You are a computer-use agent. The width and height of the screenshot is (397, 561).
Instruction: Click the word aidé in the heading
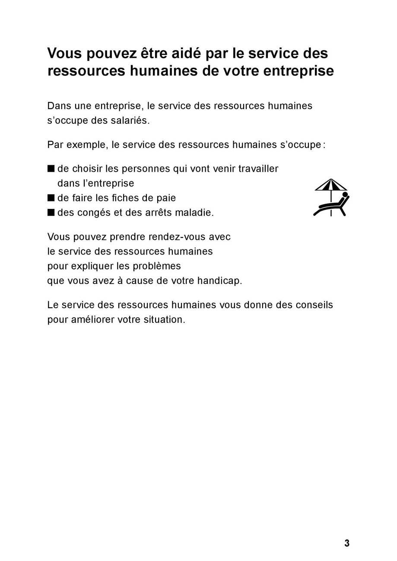click(x=180, y=54)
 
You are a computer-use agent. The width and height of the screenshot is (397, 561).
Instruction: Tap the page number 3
click(x=346, y=543)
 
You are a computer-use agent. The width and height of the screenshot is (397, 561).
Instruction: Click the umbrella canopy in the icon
click(x=331, y=185)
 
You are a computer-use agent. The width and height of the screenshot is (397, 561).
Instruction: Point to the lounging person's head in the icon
click(x=345, y=195)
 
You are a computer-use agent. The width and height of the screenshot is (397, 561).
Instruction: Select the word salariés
click(x=129, y=120)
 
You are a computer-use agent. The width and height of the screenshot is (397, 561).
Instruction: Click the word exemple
click(x=86, y=145)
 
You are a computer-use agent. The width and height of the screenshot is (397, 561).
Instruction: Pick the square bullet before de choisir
click(x=51, y=169)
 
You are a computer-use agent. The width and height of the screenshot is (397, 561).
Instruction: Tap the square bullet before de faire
click(x=51, y=198)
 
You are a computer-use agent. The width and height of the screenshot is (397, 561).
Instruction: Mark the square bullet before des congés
click(x=51, y=212)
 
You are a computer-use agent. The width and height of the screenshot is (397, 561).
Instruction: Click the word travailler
click(x=258, y=169)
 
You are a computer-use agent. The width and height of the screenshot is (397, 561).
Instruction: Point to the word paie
click(x=166, y=198)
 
